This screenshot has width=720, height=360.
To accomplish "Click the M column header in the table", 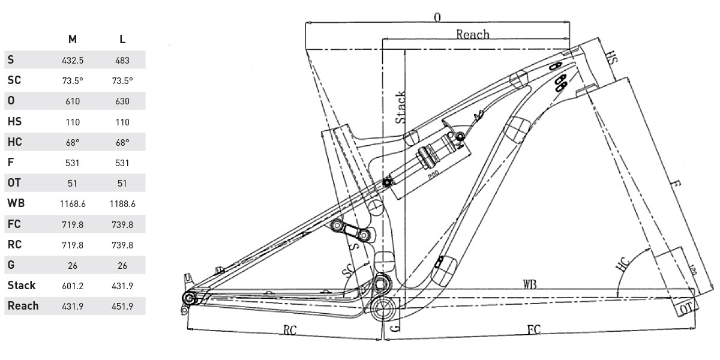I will [72, 40].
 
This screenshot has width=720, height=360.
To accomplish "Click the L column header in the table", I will [122, 40].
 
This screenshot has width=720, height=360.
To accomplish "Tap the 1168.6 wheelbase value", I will [73, 204].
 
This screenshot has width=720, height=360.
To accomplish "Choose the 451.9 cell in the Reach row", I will [122, 306].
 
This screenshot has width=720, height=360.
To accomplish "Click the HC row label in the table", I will [15, 142].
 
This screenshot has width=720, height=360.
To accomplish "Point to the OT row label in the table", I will [14, 183].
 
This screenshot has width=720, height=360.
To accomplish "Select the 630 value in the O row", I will [122, 101].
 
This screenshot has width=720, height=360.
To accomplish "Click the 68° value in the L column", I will [122, 142].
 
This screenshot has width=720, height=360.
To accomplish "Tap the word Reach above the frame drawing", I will [473, 34].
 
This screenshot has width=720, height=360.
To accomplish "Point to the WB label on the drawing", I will [529, 284].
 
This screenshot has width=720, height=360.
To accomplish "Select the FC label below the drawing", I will [535, 331].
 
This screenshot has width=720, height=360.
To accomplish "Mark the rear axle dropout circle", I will [190, 298].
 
